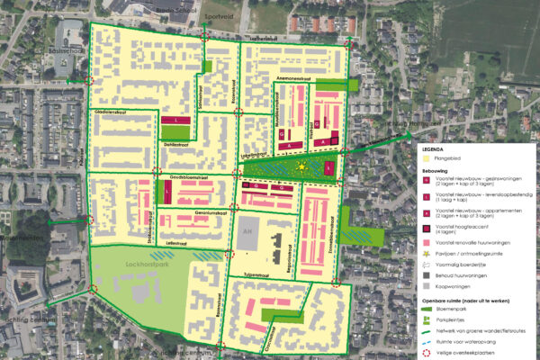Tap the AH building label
[247, 231]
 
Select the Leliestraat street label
[176, 243]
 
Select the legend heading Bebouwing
[439, 169]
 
